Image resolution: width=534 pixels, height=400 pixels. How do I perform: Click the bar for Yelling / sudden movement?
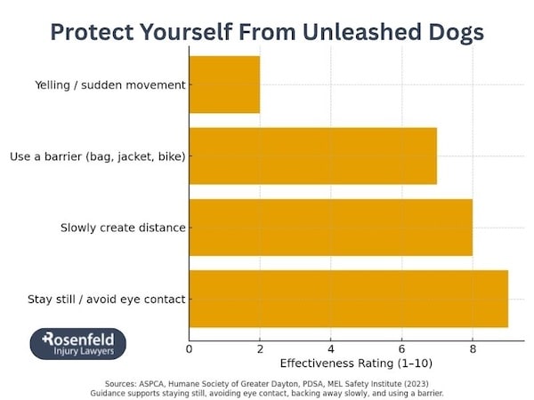224,84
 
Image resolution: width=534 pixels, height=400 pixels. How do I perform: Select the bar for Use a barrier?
312,156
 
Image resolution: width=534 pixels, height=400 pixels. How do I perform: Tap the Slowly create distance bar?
330,228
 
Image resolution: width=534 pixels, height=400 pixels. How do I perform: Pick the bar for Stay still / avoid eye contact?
348,299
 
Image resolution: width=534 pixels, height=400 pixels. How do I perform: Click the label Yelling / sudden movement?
110,85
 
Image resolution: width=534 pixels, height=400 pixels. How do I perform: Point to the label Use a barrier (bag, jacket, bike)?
97,157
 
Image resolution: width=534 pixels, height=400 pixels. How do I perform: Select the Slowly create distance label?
123,228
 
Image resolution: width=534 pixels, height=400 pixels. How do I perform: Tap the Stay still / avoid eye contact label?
106,300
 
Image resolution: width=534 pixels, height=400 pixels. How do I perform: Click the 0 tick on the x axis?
189,348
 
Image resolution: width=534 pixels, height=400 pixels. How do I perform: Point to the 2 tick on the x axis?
260,348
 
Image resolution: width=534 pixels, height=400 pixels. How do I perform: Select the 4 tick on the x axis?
331,348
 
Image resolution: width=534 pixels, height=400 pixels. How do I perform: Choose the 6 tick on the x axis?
401,348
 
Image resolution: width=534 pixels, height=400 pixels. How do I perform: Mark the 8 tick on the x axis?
473,348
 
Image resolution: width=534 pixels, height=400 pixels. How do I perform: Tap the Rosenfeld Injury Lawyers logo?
78,344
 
